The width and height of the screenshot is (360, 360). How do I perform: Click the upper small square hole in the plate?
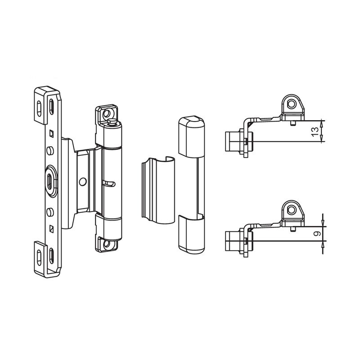pyautogui.click(x=52, y=133)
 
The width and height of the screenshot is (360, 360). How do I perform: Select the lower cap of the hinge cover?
pyautogui.click(x=189, y=232)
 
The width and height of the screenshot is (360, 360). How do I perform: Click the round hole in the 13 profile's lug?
pyautogui.click(x=292, y=104)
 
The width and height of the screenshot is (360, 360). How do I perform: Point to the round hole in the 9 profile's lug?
pyautogui.click(x=292, y=210)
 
